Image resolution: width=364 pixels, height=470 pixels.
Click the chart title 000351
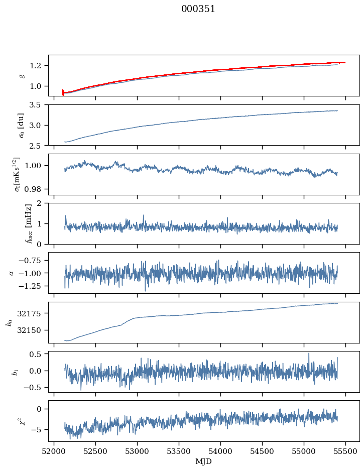tap(198, 9)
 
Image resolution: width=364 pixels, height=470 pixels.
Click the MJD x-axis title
tap(204, 461)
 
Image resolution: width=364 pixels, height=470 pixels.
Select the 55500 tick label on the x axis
tap(345, 451)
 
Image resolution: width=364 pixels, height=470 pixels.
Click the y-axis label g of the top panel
tap(22, 75)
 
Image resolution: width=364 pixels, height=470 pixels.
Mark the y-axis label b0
tap(9, 322)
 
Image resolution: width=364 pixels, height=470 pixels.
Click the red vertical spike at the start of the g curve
tap(63, 92)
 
